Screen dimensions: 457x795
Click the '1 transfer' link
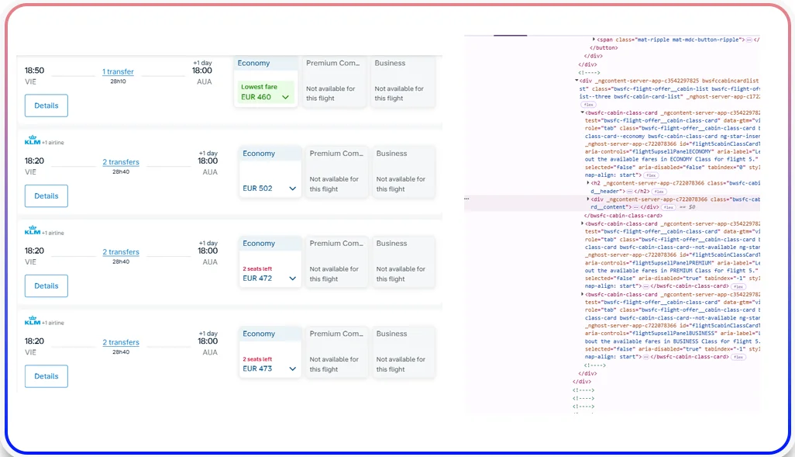tap(118, 71)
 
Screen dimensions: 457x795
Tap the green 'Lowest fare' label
tap(259, 87)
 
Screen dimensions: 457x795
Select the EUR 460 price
tap(256, 97)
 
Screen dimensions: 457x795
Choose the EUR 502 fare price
tap(258, 188)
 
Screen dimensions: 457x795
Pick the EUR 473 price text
tap(258, 369)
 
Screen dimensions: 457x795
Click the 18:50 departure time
tap(34, 71)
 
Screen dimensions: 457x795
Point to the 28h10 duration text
tap(118, 81)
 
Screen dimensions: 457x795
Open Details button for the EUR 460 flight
tap(46, 106)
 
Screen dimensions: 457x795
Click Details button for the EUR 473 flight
tap(46, 376)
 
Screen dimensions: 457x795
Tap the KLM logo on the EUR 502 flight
tap(33, 140)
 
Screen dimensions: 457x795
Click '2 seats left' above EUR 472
tap(257, 268)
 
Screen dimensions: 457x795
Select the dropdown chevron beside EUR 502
tap(292, 188)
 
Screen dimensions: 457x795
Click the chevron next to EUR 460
tap(286, 97)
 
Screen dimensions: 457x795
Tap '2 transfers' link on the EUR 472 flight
tap(121, 252)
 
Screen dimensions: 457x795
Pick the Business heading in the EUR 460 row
tap(390, 63)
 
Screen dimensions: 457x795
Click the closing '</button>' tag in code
tap(607, 47)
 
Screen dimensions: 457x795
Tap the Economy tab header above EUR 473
tap(259, 334)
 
